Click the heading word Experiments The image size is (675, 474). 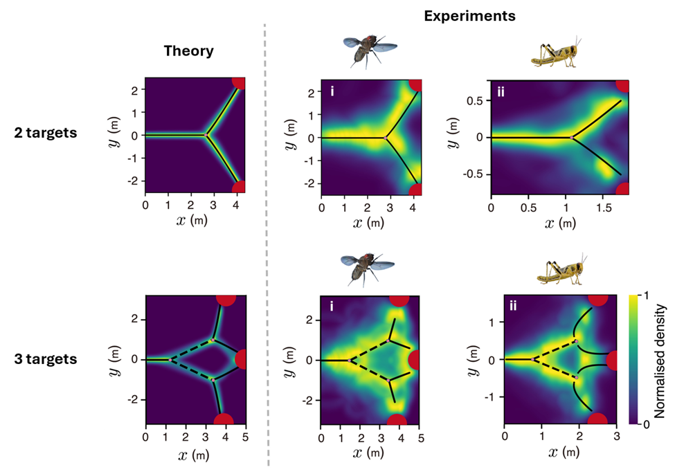(x=469, y=15)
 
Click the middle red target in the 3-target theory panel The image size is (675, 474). (x=242, y=359)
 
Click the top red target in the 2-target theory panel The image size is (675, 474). (x=239, y=82)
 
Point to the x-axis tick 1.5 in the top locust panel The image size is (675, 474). (x=603, y=207)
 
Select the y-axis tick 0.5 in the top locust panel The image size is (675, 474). (x=476, y=100)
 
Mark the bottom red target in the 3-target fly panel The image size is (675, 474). (x=398, y=420)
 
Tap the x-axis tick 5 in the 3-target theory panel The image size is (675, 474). (x=244, y=437)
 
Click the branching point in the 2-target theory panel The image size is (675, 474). (x=206, y=135)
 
